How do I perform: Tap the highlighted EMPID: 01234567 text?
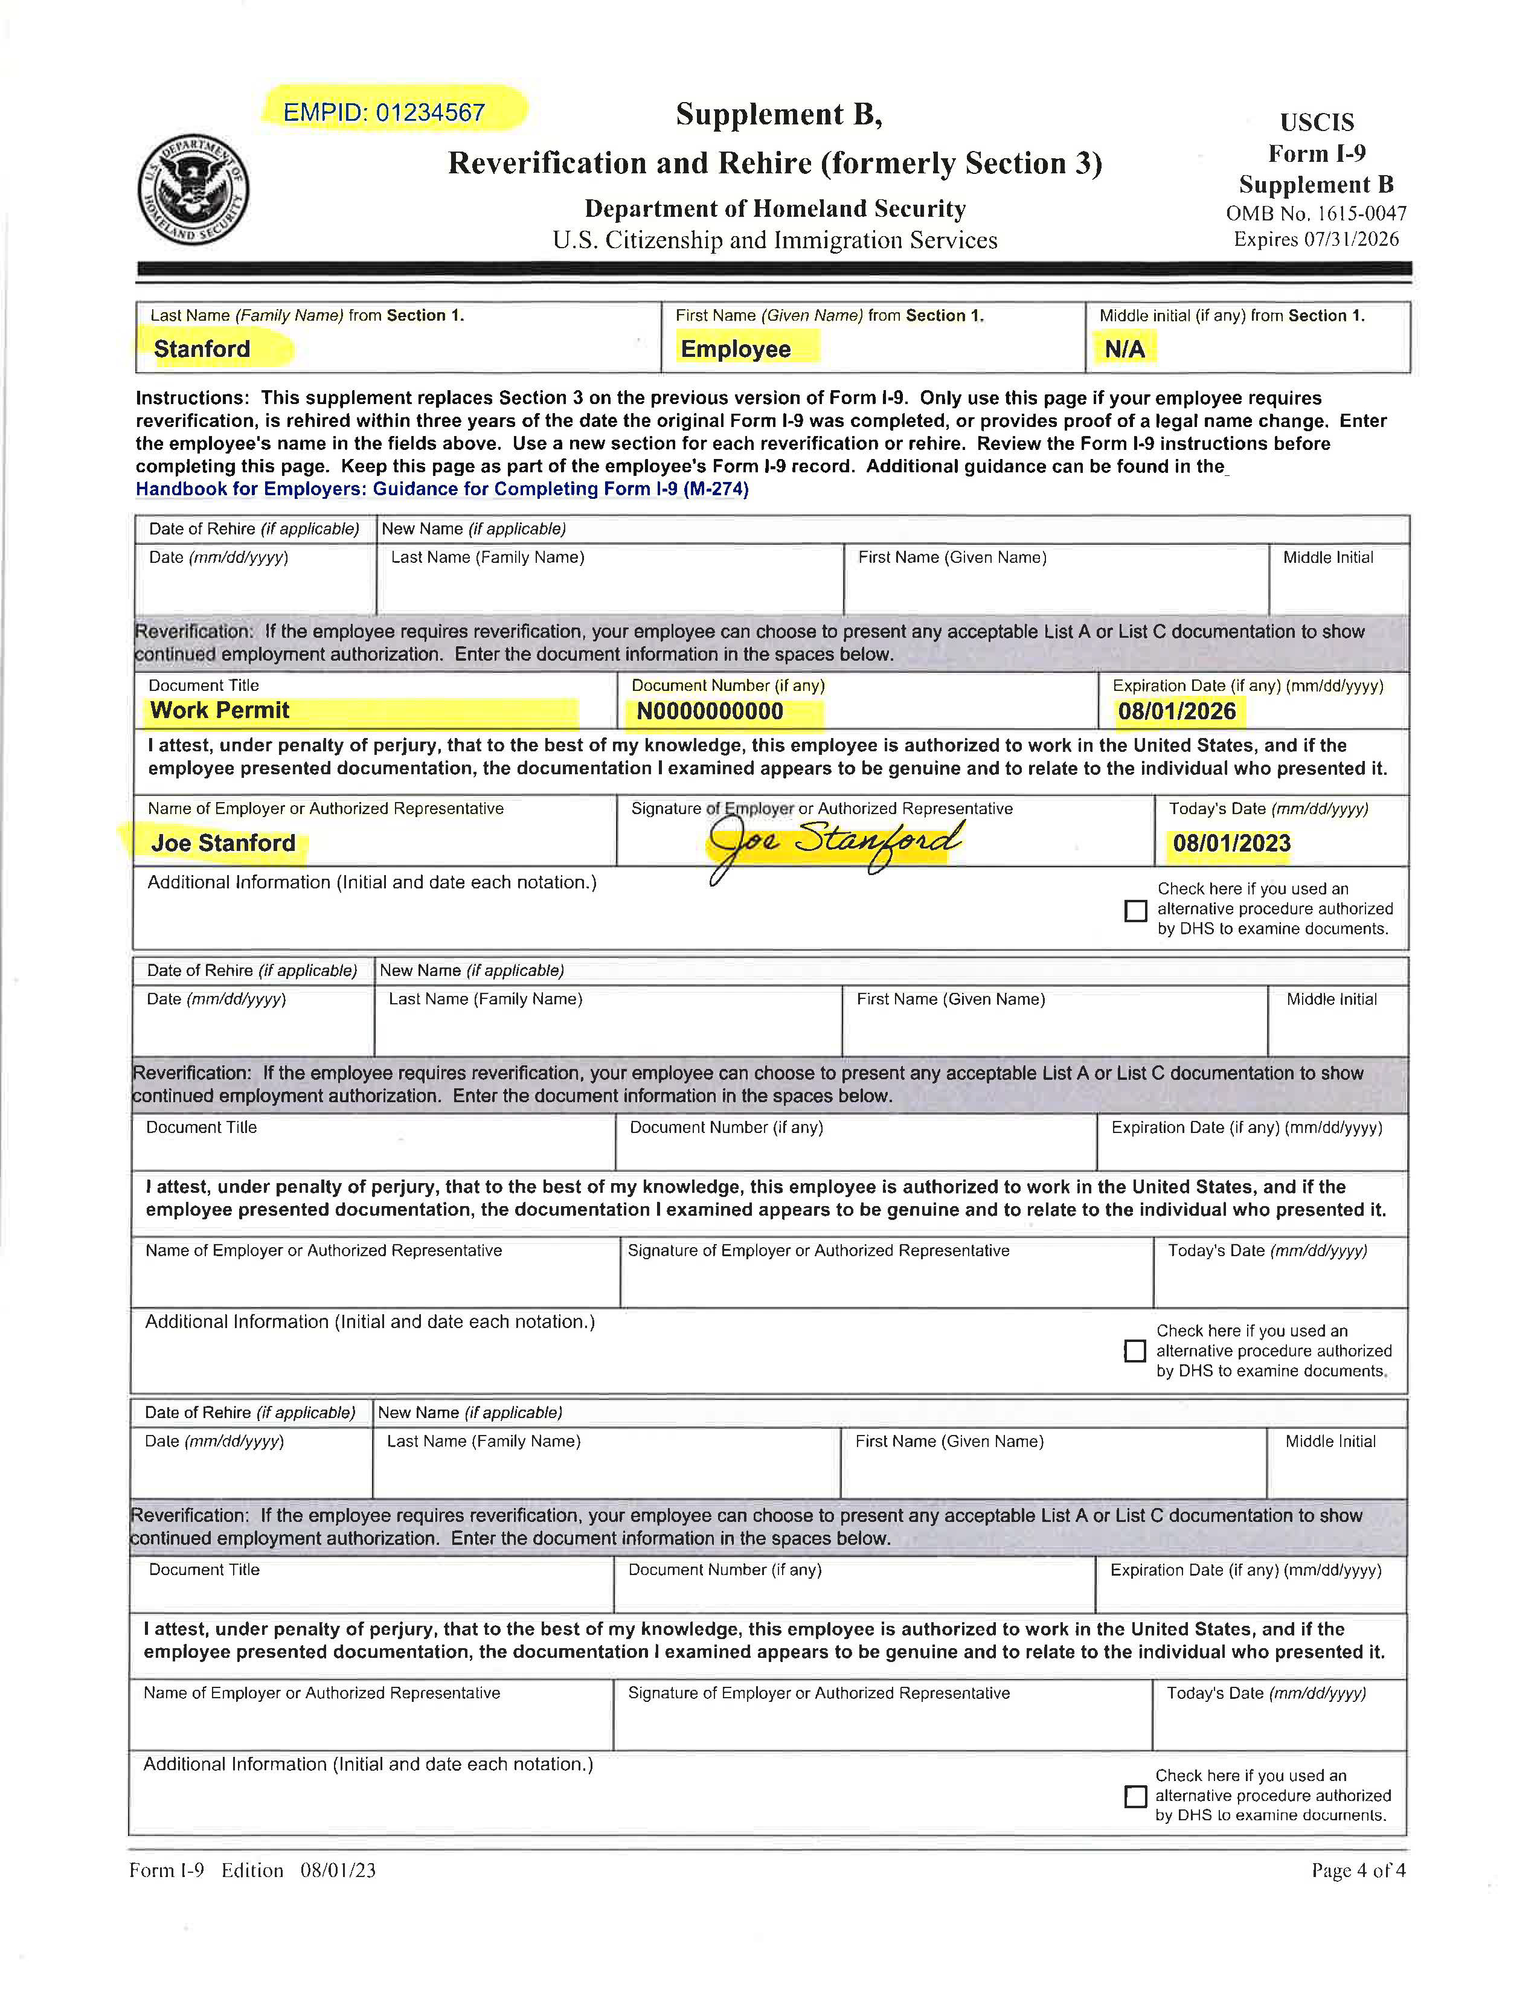pyautogui.click(x=384, y=112)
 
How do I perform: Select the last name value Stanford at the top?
pyautogui.click(x=202, y=348)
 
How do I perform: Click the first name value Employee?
pyautogui.click(x=736, y=348)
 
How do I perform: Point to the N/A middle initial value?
pyautogui.click(x=1124, y=348)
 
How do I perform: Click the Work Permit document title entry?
pyautogui.click(x=220, y=710)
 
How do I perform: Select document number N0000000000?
pyautogui.click(x=710, y=711)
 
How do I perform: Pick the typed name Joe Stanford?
pyautogui.click(x=223, y=842)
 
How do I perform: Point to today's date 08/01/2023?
pyautogui.click(x=1231, y=842)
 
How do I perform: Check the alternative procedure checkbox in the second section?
pyautogui.click(x=1135, y=1350)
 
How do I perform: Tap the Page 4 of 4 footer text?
pyautogui.click(x=1358, y=1870)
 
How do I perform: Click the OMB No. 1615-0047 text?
pyautogui.click(x=1315, y=214)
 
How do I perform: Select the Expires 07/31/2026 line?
pyautogui.click(x=1315, y=239)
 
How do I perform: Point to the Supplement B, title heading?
pyautogui.click(x=778, y=114)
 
